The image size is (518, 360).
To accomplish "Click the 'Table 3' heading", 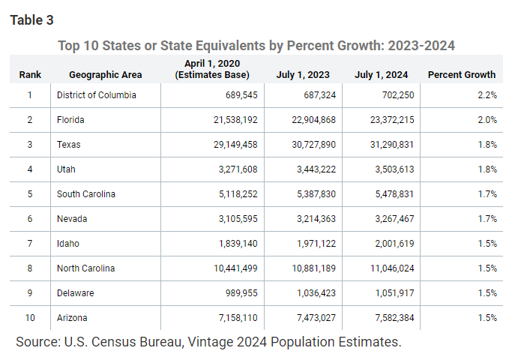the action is click(31, 20).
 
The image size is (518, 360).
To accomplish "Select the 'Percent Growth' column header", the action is click(462, 75).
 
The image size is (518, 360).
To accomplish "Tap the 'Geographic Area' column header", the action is click(106, 75).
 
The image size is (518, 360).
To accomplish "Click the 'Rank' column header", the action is click(30, 75).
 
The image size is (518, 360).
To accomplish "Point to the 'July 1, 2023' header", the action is click(303, 75).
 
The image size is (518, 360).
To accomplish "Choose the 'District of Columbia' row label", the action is click(97, 95).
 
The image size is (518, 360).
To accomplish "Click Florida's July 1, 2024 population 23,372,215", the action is click(392, 120).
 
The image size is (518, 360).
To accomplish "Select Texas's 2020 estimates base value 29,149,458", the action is click(235, 145).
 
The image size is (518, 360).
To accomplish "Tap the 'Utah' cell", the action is click(66, 169).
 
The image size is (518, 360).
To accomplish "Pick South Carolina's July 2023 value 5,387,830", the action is click(316, 194).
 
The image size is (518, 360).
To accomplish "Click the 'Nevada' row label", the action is click(72, 219).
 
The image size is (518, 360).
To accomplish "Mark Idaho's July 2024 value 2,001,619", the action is click(394, 244).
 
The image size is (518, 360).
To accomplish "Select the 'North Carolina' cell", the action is click(86, 268).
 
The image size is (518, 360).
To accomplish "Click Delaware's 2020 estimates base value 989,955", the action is click(241, 293).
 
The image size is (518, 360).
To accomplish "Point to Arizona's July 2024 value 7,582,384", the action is click(394, 318).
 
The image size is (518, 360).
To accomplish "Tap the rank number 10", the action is click(30, 318).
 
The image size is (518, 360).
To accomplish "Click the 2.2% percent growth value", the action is click(487, 95).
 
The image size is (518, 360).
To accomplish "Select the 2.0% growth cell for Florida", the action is click(487, 120).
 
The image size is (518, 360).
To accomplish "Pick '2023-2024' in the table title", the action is click(421, 46).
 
